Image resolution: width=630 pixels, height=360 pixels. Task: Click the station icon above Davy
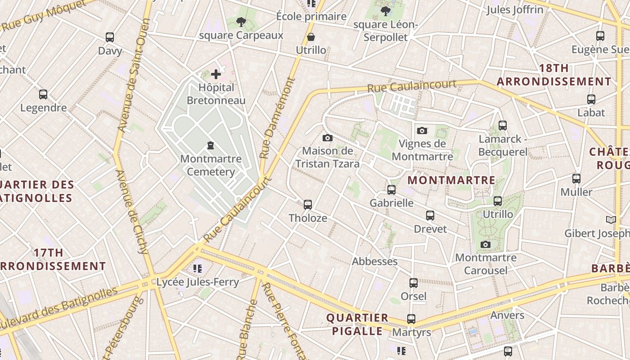[x=109, y=37]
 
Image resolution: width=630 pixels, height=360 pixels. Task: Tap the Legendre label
[x=43, y=108]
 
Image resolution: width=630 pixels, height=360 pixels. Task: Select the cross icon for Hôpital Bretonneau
[x=216, y=74]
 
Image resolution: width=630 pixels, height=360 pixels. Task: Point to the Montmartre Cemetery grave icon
[x=210, y=145]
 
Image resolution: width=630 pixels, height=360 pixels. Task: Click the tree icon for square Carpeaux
[x=241, y=22]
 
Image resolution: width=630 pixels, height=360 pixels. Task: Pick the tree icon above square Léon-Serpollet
[x=385, y=11]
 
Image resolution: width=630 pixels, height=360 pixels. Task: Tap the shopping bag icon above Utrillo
[x=311, y=37]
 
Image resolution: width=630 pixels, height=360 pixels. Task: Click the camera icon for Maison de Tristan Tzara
[x=328, y=138]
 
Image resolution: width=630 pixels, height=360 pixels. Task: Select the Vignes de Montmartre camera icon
[x=422, y=130]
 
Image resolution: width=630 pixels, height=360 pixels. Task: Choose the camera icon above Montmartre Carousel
[x=486, y=244]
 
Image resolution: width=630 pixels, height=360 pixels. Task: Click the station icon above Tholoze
[x=308, y=205]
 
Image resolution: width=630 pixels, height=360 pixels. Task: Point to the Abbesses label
[x=374, y=261]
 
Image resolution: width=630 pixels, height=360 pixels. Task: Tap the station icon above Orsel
[x=414, y=283]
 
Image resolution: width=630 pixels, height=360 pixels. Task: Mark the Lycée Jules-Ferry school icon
[x=198, y=269]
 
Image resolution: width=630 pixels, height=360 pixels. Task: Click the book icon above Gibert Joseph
[x=611, y=220]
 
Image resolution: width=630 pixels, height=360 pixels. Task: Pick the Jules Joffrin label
[x=514, y=9]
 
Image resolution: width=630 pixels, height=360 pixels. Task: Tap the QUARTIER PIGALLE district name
[x=357, y=324]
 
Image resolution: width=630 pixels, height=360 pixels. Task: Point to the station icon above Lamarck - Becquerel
[x=503, y=126]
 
